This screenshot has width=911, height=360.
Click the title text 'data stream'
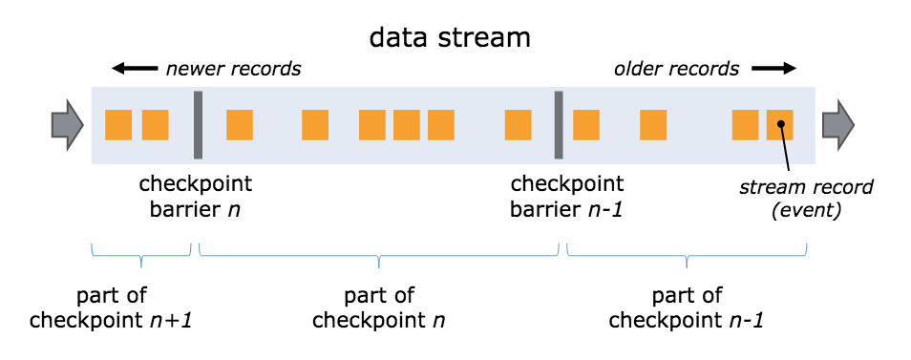click(x=452, y=38)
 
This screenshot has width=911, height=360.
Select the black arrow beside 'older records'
click(x=773, y=69)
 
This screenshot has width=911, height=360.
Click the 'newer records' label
click(x=233, y=69)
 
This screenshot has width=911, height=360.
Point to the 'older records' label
click(x=676, y=69)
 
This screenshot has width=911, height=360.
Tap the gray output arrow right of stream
click(x=838, y=125)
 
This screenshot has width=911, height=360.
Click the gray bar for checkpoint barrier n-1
click(x=558, y=125)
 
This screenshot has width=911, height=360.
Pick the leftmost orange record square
click(x=118, y=125)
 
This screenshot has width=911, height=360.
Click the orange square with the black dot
click(x=779, y=125)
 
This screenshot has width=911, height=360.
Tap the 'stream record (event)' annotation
click(x=790, y=197)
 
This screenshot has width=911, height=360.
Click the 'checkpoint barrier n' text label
click(x=196, y=195)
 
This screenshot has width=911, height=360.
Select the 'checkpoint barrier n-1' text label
click(x=567, y=195)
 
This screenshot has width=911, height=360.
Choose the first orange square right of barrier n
click(x=240, y=125)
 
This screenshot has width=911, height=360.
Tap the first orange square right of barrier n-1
click(x=586, y=125)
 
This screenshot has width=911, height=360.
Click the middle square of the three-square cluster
click(x=407, y=125)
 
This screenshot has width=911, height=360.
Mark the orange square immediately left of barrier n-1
click(x=518, y=125)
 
